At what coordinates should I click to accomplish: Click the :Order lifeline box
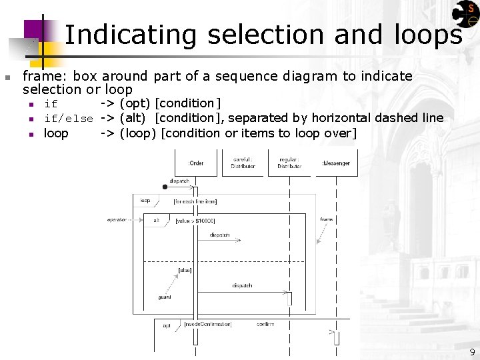click(196, 163)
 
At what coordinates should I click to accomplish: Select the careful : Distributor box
click(243, 163)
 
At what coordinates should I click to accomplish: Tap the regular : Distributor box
click(289, 163)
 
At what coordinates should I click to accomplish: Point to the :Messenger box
click(336, 163)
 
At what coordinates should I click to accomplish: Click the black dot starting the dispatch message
click(165, 187)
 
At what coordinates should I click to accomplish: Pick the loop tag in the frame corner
click(145, 200)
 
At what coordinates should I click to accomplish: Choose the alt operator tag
click(156, 220)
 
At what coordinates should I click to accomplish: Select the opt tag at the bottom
click(167, 325)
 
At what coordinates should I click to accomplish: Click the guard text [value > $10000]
click(195, 221)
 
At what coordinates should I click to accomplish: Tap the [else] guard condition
click(185, 270)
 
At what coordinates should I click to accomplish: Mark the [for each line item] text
click(195, 201)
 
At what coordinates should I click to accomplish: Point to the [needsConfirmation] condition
click(208, 324)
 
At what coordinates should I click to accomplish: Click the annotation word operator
click(116, 219)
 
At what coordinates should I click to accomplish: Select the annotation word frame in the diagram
click(327, 219)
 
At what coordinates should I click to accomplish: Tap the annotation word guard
click(165, 297)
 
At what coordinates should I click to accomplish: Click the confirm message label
click(265, 324)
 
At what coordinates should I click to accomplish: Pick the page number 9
click(471, 351)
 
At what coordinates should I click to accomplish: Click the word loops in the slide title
click(427, 35)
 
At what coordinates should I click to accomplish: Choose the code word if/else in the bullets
click(68, 119)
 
